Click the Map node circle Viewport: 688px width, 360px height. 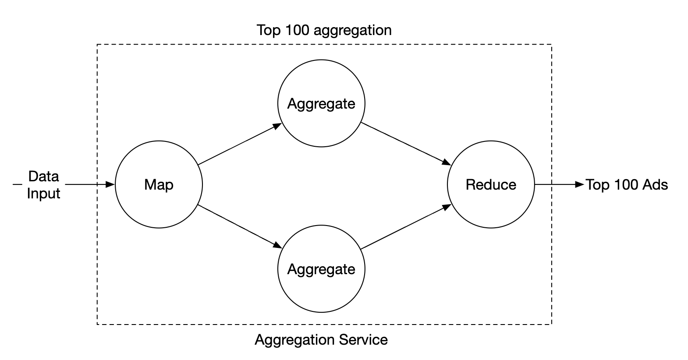coord(159,184)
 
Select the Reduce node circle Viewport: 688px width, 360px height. coord(491,184)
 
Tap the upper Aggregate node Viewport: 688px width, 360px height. coord(321,103)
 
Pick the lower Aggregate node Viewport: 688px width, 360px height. coord(321,268)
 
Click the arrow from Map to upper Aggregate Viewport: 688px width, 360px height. coord(239,145)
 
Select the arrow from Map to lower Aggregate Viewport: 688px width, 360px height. coord(239,225)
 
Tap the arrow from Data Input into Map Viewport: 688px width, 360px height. coord(90,184)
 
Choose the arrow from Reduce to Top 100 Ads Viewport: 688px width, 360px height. coord(559,184)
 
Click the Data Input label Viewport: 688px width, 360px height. coord(43,184)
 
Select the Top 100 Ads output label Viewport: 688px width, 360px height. coord(627,184)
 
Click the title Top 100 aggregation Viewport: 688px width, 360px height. coord(324,30)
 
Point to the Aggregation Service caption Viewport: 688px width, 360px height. coord(321,339)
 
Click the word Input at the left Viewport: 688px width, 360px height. coord(43,193)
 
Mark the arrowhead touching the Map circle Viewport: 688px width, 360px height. coord(110,184)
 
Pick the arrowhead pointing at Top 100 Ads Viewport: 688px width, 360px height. coord(580,184)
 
